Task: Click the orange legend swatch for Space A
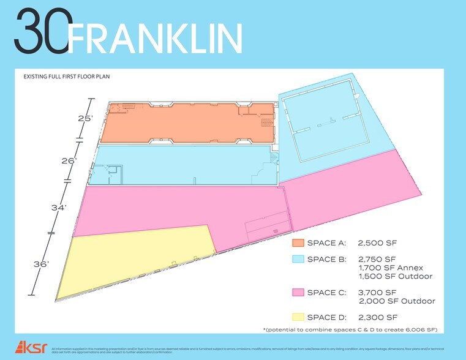click(298, 242)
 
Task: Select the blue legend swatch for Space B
click(298, 259)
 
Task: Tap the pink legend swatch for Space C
click(298, 292)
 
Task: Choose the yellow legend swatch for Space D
click(298, 317)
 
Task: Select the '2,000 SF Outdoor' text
click(396, 301)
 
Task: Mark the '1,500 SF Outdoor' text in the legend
click(396, 276)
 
